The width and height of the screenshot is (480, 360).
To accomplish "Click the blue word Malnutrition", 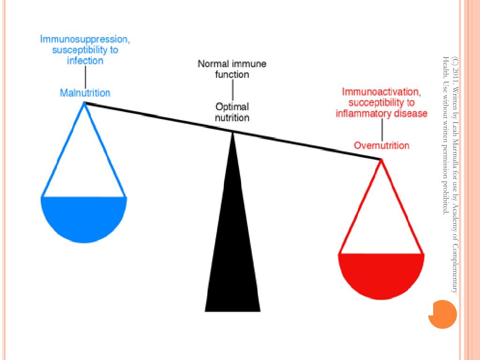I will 85,93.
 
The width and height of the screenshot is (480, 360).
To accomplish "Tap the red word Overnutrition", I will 382,145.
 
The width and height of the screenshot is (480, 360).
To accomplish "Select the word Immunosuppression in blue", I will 85,39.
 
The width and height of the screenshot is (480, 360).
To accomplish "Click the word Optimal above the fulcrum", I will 232,106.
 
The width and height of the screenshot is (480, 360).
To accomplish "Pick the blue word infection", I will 85,61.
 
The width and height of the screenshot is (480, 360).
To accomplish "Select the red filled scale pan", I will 381,274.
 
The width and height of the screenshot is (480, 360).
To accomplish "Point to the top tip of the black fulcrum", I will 232,133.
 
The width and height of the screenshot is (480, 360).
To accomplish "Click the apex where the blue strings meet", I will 84,103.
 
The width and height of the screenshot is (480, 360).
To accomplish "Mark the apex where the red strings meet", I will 381,160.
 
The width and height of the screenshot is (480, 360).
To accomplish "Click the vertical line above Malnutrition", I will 85,76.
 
